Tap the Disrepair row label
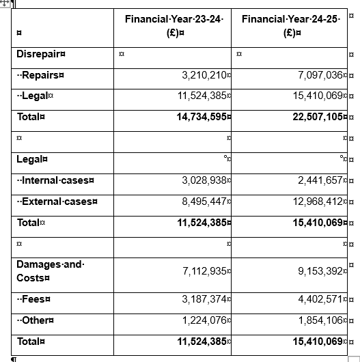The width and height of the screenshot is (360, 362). [x=41, y=53]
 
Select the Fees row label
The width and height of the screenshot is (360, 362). [x=37, y=299]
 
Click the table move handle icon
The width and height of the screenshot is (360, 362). [x=5, y=4]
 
